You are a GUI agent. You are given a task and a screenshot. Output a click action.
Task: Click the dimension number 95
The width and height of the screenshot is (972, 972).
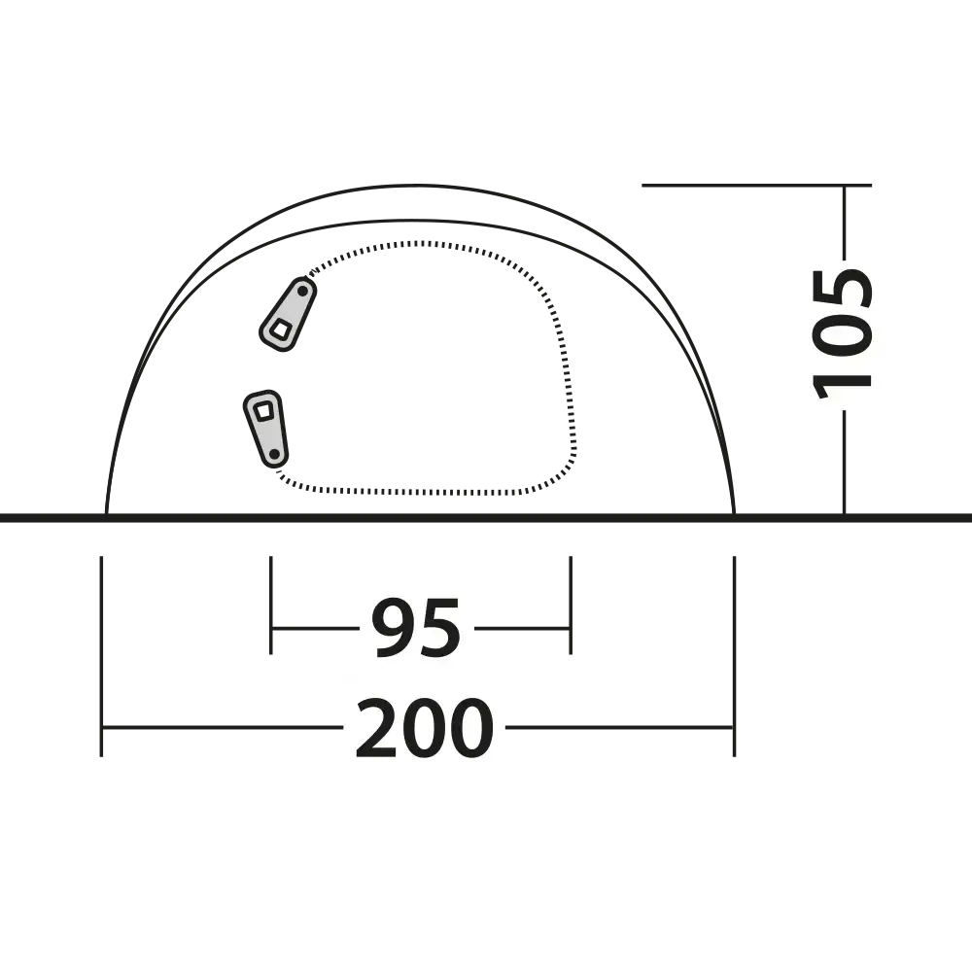(x=417, y=627)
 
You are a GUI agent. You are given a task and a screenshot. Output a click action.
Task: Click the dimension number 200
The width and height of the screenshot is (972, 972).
(x=425, y=728)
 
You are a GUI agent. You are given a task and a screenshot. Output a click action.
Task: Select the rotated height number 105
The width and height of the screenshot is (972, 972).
(x=843, y=333)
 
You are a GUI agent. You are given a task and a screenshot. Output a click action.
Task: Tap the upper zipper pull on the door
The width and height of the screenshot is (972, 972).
(x=288, y=314)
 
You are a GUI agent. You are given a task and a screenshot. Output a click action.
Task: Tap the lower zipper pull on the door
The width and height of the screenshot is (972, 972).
(x=266, y=429)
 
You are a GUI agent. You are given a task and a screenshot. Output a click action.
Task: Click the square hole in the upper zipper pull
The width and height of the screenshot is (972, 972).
(x=281, y=330)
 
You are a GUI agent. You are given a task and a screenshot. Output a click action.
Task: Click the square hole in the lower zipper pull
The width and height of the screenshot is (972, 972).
(x=264, y=410)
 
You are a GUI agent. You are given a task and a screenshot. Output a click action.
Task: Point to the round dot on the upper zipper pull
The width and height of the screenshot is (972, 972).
(x=302, y=291)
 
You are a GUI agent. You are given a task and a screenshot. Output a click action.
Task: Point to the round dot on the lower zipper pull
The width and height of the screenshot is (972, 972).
(x=273, y=454)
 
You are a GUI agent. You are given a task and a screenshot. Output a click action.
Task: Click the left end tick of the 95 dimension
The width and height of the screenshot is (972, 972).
(x=271, y=605)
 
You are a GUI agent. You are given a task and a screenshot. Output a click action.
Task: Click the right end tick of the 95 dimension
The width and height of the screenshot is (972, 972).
(x=571, y=605)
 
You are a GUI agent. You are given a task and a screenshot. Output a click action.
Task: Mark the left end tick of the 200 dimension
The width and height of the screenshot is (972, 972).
(x=101, y=656)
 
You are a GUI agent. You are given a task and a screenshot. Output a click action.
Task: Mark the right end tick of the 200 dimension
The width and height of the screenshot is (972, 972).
(x=735, y=656)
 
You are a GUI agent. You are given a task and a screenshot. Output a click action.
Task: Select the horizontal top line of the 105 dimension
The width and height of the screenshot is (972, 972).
(x=757, y=185)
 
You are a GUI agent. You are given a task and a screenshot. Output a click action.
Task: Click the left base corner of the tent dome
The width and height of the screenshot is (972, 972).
(x=107, y=514)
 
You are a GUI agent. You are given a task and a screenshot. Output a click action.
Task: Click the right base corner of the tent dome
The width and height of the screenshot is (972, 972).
(x=735, y=514)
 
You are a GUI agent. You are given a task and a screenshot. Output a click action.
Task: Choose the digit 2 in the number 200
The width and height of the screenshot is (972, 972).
(x=377, y=728)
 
